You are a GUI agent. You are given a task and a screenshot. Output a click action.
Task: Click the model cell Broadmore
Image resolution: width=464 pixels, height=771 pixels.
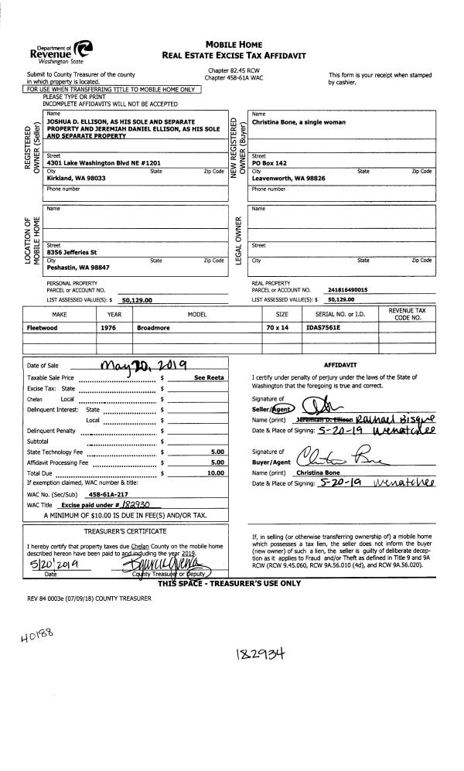[155, 327]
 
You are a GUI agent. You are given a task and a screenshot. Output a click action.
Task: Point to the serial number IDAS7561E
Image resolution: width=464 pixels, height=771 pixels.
[324, 327]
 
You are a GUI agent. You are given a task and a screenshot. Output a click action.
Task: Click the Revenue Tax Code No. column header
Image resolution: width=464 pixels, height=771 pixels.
[404, 314]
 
